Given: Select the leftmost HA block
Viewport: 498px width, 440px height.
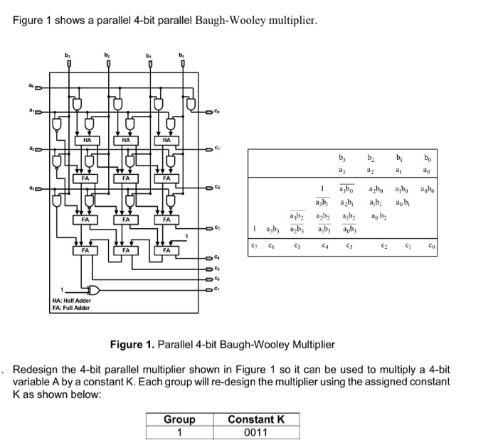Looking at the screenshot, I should tap(86, 141).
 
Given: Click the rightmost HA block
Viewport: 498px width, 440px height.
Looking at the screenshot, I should tap(165, 141).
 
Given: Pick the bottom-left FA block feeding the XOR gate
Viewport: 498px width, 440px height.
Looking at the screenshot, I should tap(85, 251).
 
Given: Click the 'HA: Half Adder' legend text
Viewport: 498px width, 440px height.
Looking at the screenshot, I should tap(71, 301).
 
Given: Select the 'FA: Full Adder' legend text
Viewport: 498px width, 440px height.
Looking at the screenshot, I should tap(70, 308).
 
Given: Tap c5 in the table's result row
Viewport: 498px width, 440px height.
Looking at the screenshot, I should tap(297, 245).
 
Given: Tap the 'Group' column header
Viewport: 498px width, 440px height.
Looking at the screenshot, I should tap(179, 419).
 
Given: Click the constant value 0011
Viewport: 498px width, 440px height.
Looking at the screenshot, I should tap(255, 431).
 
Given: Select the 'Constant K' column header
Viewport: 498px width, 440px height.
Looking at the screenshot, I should tap(255, 419).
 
